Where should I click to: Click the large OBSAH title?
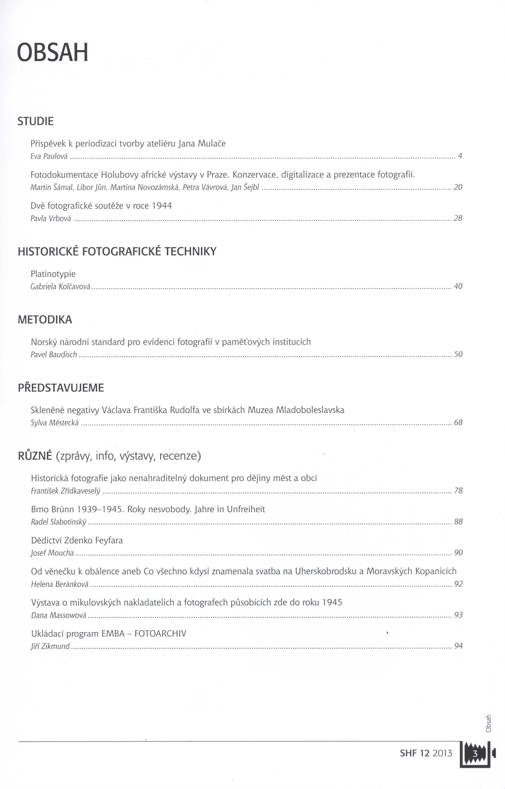53,53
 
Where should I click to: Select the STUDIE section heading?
35,122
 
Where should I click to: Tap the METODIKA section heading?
45,320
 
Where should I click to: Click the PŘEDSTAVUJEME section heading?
61,388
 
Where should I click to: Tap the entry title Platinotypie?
53,274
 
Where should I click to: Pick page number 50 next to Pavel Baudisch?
458,354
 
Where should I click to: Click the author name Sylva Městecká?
55,423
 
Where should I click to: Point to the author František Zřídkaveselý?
66,491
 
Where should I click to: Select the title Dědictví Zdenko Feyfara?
77,540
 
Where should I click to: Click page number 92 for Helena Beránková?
458,584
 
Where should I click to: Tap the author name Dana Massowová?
59,615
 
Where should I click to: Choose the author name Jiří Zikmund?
50,646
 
